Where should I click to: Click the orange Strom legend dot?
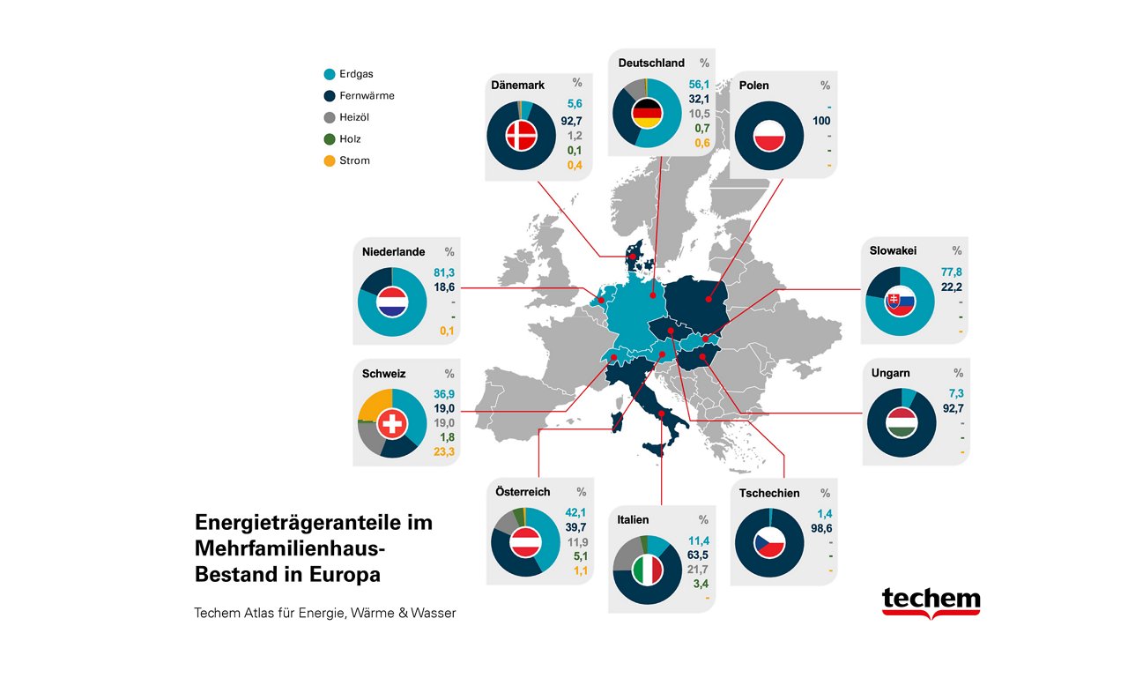[330, 160]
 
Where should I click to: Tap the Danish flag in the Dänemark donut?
[521, 136]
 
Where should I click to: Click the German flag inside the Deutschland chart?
[648, 112]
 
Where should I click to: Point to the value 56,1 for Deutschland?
[699, 85]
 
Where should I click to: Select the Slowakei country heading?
[893, 251]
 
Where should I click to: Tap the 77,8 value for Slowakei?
[952, 273]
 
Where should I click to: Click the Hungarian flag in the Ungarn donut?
[902, 421]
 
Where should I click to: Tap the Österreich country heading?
[523, 492]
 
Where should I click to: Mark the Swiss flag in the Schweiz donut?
[392, 424]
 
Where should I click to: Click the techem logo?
[931, 602]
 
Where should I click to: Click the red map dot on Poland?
[709, 300]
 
